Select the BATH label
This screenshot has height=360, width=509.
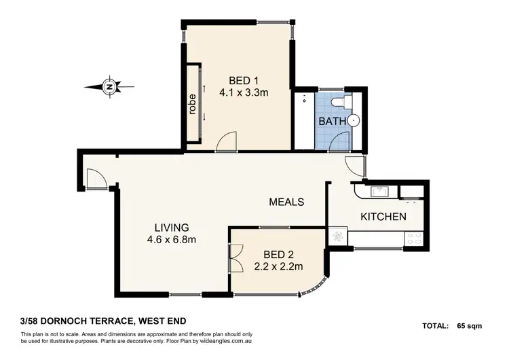pyautogui.click(x=331, y=122)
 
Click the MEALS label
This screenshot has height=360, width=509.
pyautogui.click(x=286, y=202)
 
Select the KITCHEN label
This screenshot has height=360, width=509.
pyautogui.click(x=383, y=217)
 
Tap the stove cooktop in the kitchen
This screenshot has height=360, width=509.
pyautogui.click(x=413, y=238)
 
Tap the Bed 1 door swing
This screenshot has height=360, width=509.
pyautogui.click(x=226, y=140)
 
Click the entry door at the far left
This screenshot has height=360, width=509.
pyautogui.click(x=95, y=178)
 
